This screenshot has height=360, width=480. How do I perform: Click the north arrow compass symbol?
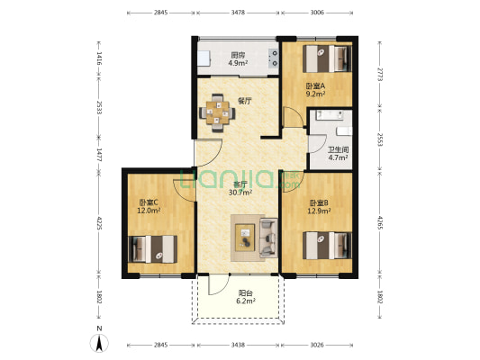(x=99, y=343)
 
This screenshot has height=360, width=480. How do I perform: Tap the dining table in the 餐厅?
(x=217, y=112)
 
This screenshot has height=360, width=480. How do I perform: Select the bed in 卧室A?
(x=327, y=58)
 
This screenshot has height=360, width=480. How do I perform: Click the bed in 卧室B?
(x=327, y=246)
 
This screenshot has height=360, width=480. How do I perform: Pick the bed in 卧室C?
(x=153, y=249)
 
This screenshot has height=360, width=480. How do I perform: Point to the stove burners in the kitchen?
(x=274, y=58)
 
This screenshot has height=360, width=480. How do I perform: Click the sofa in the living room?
(x=268, y=238)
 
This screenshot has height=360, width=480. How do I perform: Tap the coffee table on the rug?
(x=245, y=238)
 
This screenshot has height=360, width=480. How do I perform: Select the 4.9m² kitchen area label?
(x=238, y=63)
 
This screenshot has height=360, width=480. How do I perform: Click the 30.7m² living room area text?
(x=240, y=193)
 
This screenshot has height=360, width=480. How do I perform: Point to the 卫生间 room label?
(x=339, y=150)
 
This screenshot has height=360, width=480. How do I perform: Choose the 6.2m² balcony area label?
(x=246, y=301)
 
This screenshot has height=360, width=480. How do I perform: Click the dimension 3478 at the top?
(x=238, y=13)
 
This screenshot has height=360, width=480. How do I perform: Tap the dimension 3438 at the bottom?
(x=238, y=345)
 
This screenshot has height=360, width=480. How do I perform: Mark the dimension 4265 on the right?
(x=380, y=222)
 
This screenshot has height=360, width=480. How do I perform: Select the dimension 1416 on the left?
(x=99, y=58)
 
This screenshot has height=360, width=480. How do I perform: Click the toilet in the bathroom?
(x=344, y=131)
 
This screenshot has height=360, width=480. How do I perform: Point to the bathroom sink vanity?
(x=330, y=115)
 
